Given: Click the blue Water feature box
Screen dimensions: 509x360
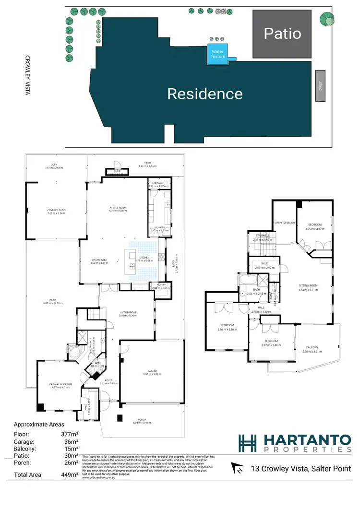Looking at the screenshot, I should click(x=218, y=54).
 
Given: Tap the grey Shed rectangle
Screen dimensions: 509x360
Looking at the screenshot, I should click(x=320, y=85).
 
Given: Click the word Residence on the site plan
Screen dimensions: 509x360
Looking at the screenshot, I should click(x=204, y=94).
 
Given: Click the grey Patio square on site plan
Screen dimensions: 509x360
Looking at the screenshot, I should click(x=282, y=33).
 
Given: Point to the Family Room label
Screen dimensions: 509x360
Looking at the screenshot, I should click(x=118, y=208).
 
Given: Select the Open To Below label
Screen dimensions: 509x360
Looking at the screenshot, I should click(x=284, y=223).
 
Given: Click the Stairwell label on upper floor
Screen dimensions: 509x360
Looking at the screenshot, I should click(x=262, y=236).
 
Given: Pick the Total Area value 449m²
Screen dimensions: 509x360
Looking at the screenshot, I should click(x=70, y=474).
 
